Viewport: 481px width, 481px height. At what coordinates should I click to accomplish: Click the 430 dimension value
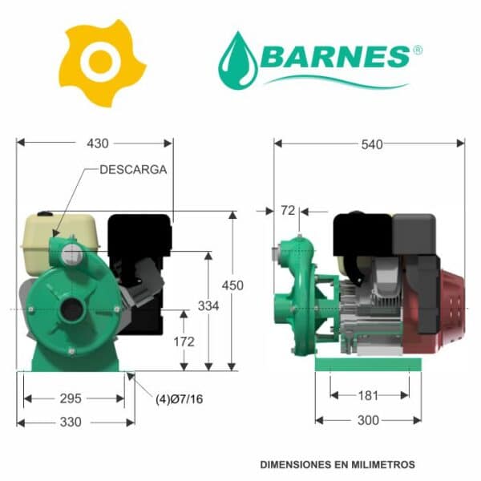98,143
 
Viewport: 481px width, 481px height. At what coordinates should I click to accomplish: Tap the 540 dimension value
372,144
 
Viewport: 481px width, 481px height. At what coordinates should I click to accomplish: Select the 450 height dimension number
232,285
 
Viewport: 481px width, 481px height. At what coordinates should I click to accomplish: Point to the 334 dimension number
208,306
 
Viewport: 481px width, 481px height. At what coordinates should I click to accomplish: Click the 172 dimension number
184,342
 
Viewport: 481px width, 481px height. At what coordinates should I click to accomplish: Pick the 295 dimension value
71,398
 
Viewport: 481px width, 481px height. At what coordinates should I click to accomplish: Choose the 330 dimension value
71,422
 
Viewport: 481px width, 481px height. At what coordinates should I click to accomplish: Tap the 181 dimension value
368,395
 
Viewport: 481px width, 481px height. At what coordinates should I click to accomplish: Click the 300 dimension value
368,420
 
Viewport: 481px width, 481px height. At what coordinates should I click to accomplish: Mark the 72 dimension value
288,210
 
